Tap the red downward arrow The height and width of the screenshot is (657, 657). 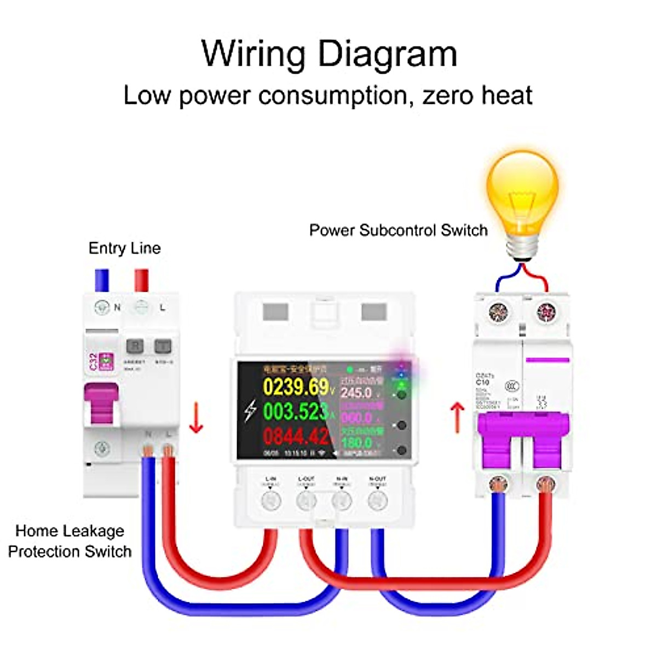(195, 419)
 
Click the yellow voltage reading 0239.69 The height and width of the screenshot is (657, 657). (296, 387)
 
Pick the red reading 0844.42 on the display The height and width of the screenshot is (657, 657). (296, 436)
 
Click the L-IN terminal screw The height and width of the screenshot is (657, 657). (270, 500)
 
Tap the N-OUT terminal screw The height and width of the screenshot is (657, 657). (377, 500)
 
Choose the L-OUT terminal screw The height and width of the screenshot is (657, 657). (306, 500)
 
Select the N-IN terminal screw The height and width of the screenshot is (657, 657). (342, 500)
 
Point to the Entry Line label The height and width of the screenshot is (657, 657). (124, 248)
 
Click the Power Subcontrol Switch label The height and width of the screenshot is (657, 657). (398, 230)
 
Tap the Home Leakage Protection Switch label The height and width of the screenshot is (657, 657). (70, 541)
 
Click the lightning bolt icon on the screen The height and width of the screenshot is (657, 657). (250, 411)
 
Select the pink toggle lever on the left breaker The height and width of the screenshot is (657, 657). (101, 404)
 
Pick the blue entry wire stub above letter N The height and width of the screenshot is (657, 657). (102, 280)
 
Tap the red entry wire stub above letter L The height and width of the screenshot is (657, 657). (142, 280)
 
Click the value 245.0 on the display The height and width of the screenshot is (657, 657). (356, 393)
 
